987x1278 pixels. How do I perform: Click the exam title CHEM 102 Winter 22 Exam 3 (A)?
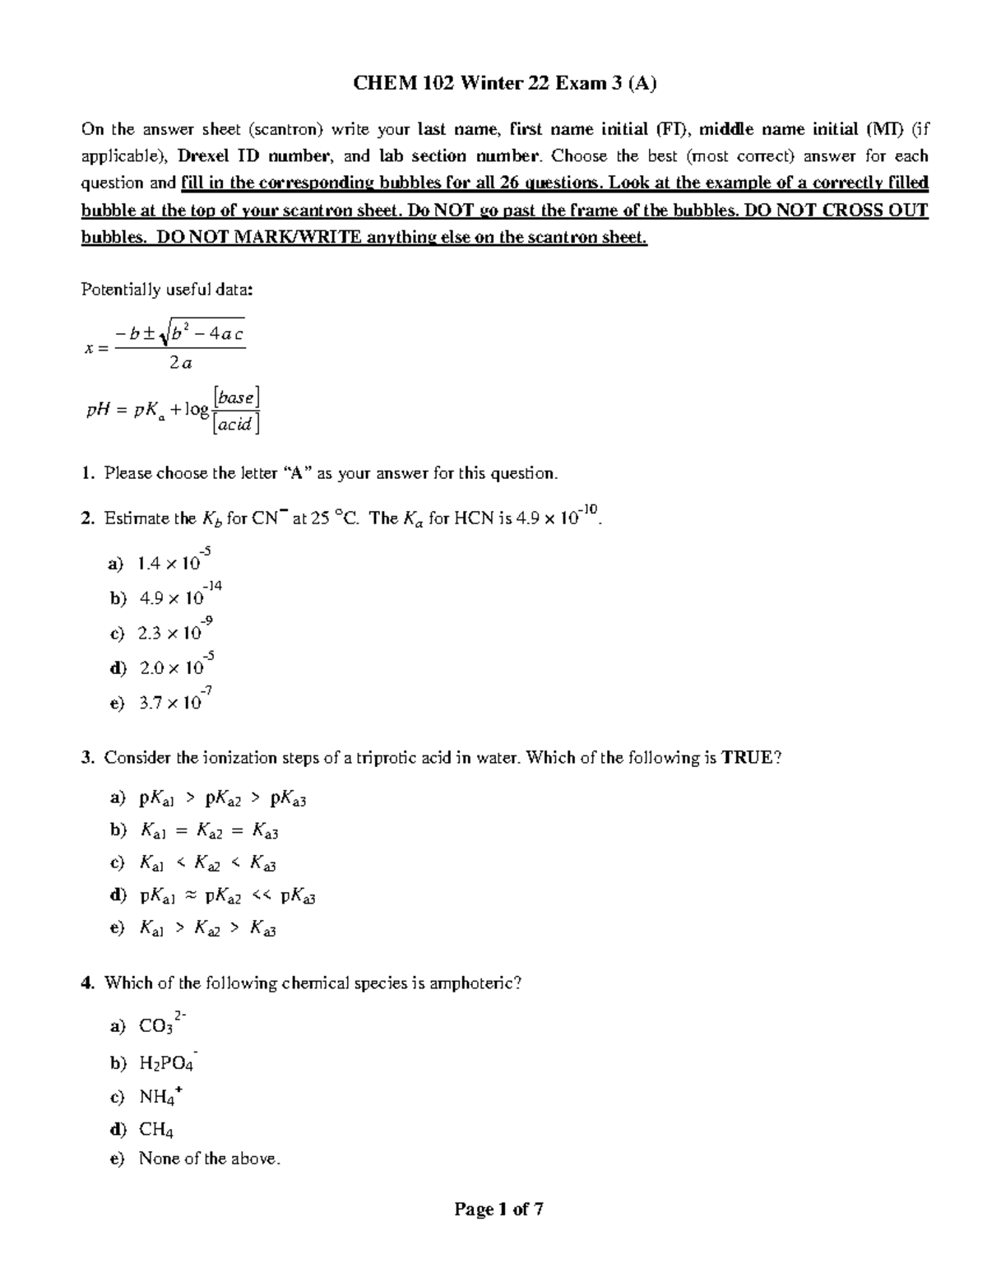505,83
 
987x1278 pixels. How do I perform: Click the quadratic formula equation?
165,345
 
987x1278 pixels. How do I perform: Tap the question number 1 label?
86,474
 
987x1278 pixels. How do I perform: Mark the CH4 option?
156,1130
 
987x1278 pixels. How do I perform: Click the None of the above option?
209,1159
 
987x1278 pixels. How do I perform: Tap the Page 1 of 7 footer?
499,1210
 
